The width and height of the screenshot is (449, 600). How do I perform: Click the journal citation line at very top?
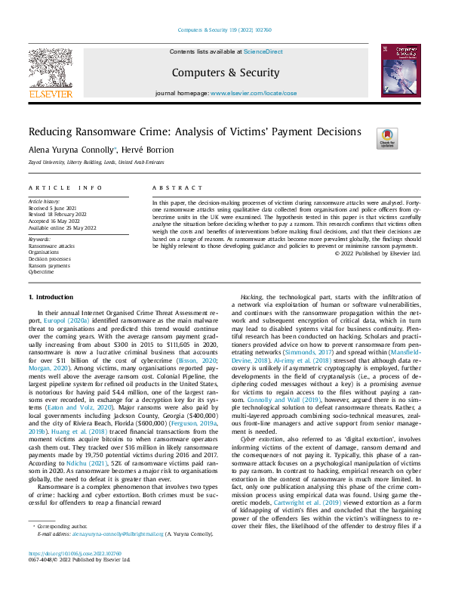(x=224, y=30)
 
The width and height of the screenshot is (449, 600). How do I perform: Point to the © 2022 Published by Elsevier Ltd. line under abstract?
(x=377, y=253)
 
